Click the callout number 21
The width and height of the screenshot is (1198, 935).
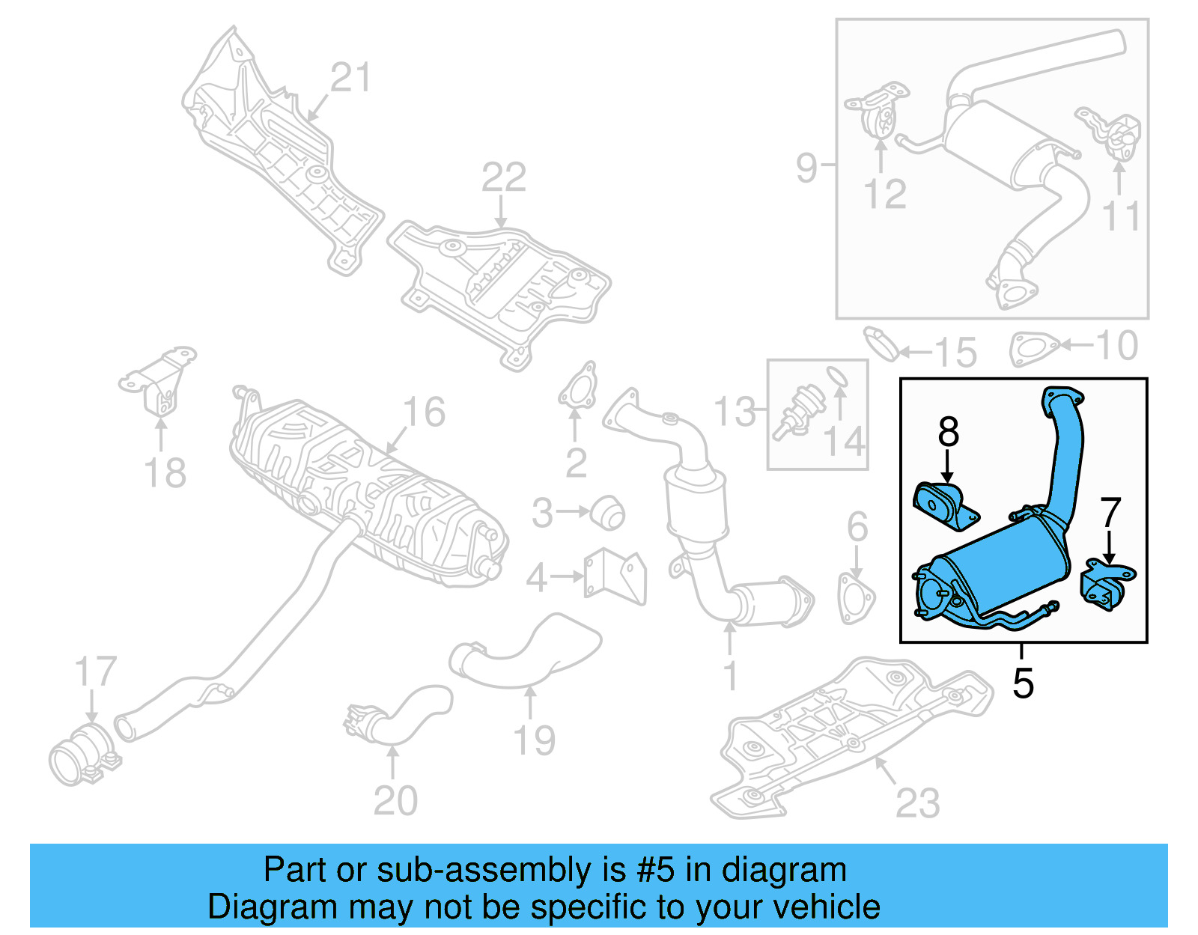coord(350,78)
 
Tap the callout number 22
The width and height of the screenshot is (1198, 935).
coord(503,178)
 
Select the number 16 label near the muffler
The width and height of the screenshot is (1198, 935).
coord(424,412)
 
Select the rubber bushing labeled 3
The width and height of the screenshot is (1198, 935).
coord(609,512)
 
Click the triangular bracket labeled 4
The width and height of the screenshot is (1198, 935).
coord(615,576)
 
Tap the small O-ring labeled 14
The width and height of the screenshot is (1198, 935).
coord(837,377)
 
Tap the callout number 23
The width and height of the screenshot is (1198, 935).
coord(917,803)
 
